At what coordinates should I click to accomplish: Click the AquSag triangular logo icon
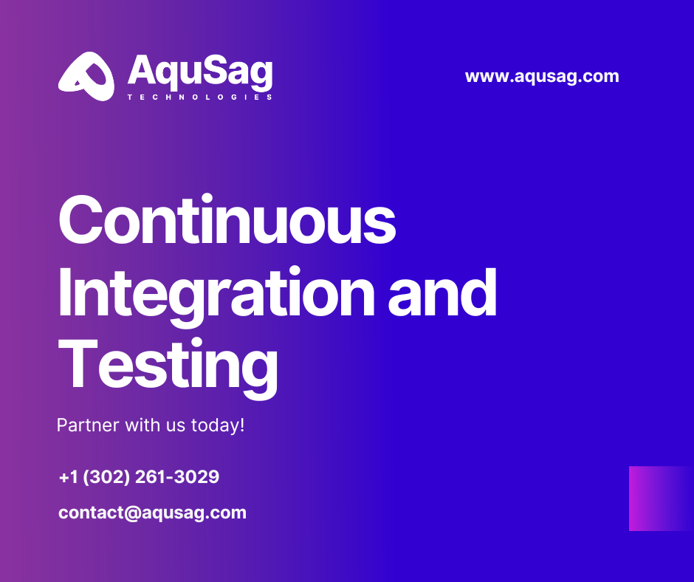click(86, 76)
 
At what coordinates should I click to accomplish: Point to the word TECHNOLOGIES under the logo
click(200, 97)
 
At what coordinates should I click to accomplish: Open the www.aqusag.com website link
click(542, 76)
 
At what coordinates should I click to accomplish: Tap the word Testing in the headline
click(168, 366)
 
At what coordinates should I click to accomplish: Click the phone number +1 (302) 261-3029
click(139, 477)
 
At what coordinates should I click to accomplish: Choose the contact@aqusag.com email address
click(152, 513)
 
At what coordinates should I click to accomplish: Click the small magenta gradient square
click(660, 499)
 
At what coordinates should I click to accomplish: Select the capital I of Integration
click(64, 293)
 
